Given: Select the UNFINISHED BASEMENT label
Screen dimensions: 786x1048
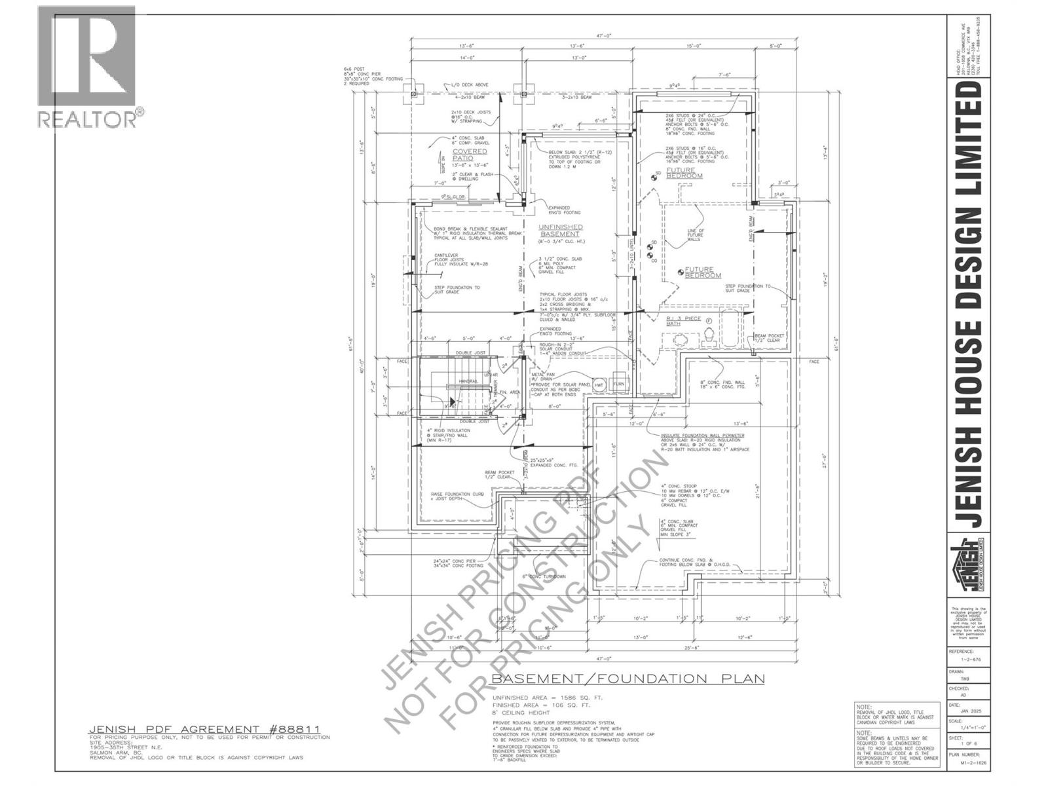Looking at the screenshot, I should pos(559,230).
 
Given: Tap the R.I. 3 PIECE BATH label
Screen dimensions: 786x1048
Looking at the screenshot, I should pos(683,321).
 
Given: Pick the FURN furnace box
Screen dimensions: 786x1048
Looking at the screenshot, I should pos(619,384).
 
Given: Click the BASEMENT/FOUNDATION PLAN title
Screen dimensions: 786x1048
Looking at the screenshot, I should pos(627,679).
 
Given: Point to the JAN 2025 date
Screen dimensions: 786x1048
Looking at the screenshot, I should pos(967,711).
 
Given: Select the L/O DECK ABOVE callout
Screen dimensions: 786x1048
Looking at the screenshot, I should pos(464,85).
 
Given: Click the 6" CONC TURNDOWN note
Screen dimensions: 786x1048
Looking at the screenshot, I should pos(544,576).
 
